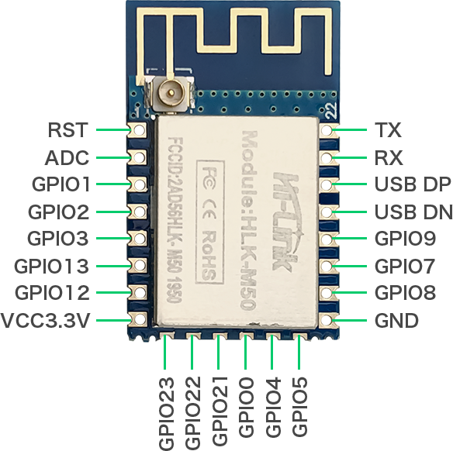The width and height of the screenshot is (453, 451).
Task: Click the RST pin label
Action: (x=67, y=130)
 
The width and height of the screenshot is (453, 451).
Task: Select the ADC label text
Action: (x=67, y=157)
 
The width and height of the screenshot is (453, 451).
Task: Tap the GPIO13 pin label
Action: (x=51, y=266)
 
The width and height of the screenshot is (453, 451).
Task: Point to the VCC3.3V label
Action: (x=46, y=321)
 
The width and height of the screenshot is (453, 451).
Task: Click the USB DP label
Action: (x=413, y=184)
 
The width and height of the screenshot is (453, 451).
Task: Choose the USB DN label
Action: (x=413, y=212)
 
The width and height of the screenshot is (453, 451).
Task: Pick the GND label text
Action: (x=396, y=321)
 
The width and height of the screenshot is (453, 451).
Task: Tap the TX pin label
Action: (x=388, y=130)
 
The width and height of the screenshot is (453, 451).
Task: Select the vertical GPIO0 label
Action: (x=247, y=407)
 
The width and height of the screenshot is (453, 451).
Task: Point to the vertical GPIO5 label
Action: (x=299, y=407)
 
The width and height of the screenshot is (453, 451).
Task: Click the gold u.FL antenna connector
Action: (x=170, y=94)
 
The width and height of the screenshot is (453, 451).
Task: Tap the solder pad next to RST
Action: (x=138, y=130)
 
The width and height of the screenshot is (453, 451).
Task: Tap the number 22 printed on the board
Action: (x=331, y=110)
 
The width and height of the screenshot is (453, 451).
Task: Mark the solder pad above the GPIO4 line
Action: (x=273, y=337)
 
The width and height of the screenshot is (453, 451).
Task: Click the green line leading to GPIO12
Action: (x=113, y=293)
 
